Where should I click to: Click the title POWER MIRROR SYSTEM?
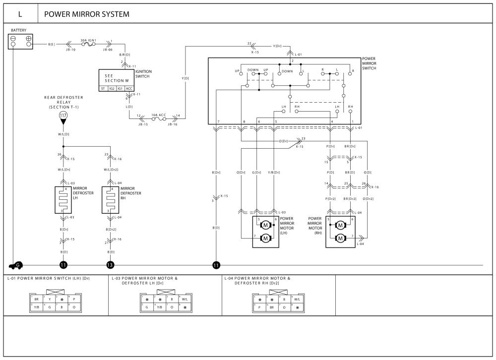(87, 14)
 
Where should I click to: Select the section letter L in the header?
(20, 14)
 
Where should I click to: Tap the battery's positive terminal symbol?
(29, 38)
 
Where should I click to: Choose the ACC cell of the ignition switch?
(128, 88)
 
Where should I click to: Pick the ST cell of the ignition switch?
(103, 88)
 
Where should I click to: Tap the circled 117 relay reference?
(63, 116)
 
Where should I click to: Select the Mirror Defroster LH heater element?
(63, 200)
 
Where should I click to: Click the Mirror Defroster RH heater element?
(110, 200)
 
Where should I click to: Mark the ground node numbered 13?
(110, 265)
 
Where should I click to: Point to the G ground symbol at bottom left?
(18, 265)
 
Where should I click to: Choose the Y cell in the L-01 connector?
(50, 300)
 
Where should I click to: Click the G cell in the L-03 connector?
(147, 307)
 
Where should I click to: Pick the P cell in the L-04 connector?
(259, 307)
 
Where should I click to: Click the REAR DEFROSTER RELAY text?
(63, 102)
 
